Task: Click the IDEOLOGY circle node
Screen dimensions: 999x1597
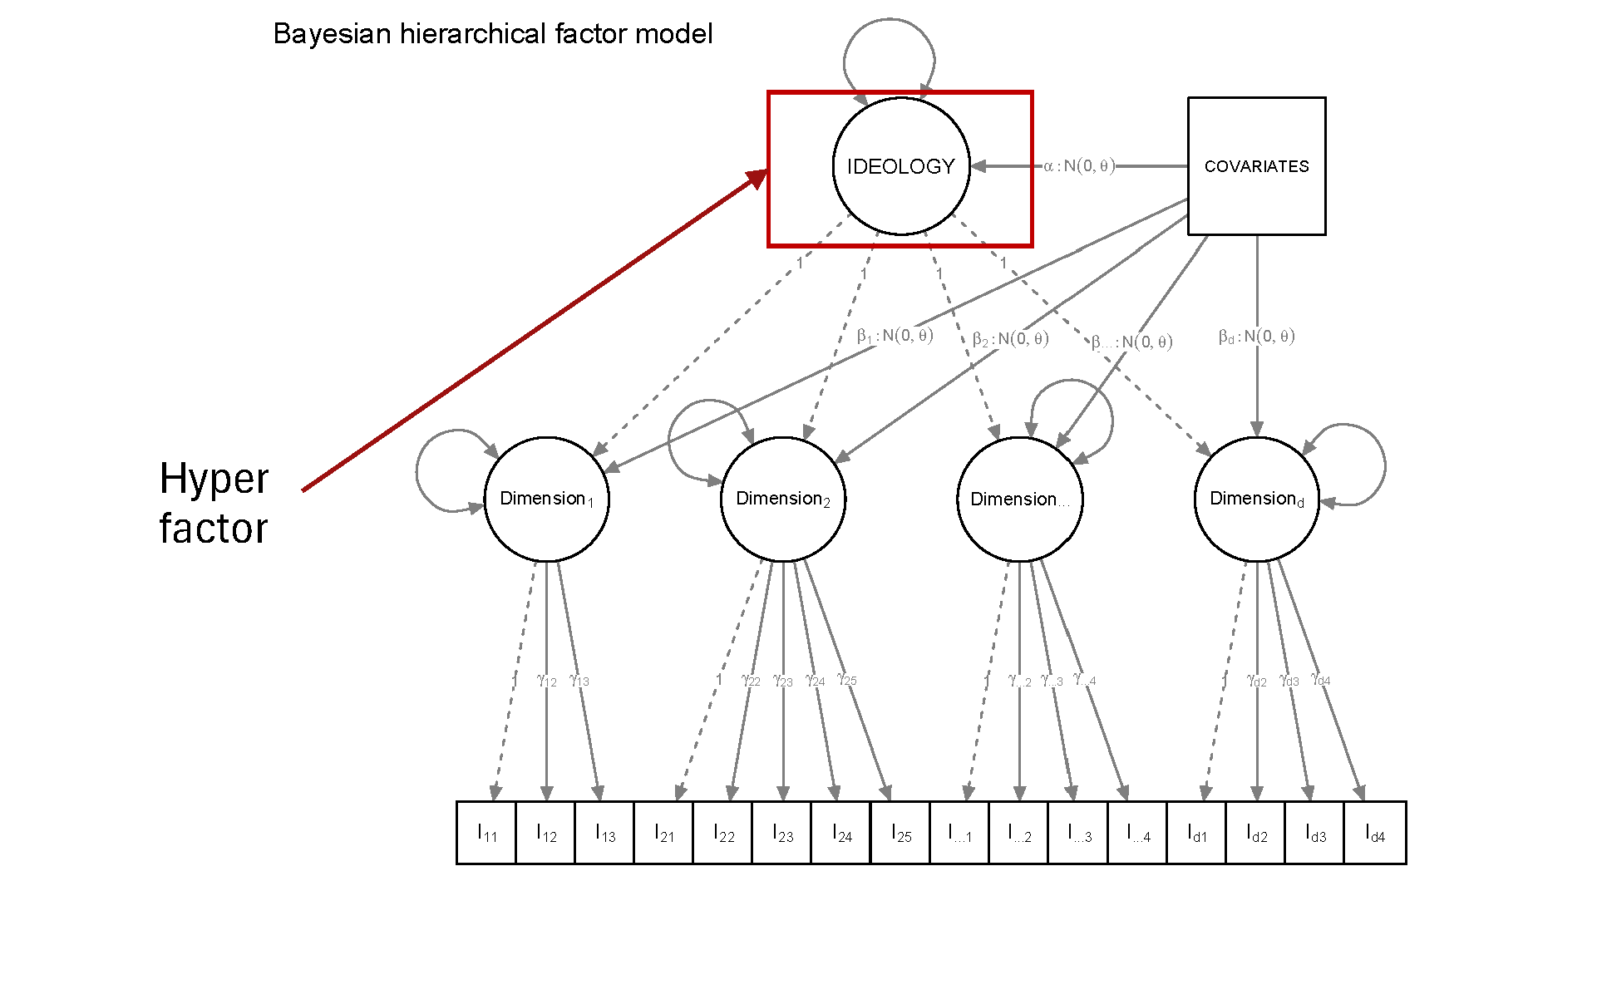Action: tap(901, 166)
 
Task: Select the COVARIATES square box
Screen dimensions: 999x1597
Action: tap(1256, 166)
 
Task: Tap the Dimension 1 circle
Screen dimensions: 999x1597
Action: tap(546, 499)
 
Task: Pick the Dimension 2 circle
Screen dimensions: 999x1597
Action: tap(782, 499)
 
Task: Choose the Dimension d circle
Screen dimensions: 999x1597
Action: tap(1256, 499)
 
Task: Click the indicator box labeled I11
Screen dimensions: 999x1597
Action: tap(486, 833)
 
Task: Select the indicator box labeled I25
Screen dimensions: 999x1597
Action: tap(900, 833)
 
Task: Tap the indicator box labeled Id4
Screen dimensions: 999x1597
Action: tap(1375, 833)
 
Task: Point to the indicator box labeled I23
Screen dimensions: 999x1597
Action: tap(782, 833)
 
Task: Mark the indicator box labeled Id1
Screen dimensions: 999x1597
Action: tap(1196, 833)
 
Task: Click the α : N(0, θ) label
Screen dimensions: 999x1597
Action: tap(1079, 166)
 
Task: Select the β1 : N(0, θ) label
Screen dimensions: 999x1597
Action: tap(895, 336)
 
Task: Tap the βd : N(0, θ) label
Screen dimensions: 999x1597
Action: tap(1256, 337)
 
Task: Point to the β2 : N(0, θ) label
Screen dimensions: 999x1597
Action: tap(1010, 339)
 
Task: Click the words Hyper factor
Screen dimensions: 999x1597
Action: tap(214, 504)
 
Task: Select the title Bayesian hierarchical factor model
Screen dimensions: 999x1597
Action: tap(492, 34)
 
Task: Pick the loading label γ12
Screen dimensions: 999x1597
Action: tap(546, 681)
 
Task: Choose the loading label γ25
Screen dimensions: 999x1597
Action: tap(846, 680)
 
